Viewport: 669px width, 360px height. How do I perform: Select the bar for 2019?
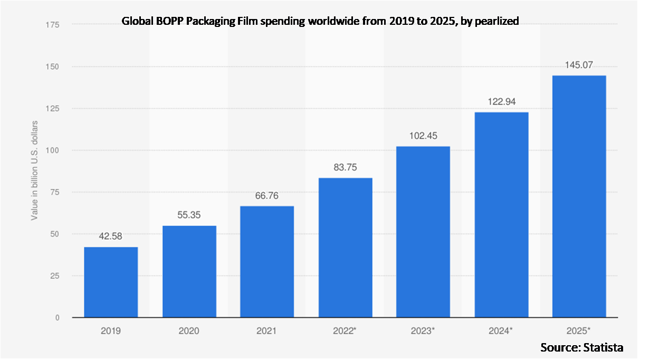[111, 282]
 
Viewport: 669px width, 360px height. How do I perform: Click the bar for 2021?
[267, 262]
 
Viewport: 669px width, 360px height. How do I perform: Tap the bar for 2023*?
[423, 232]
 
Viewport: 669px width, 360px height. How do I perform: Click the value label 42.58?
[111, 236]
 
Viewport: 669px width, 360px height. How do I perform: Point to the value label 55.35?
[189, 215]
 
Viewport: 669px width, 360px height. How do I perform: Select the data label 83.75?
[345, 167]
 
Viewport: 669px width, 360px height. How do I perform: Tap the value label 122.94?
[501, 101]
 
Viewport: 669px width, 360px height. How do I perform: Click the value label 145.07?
[579, 65]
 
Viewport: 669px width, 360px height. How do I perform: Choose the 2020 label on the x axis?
[189, 331]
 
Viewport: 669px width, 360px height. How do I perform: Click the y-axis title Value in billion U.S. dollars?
[34, 170]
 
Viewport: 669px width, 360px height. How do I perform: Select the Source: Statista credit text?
[581, 347]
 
